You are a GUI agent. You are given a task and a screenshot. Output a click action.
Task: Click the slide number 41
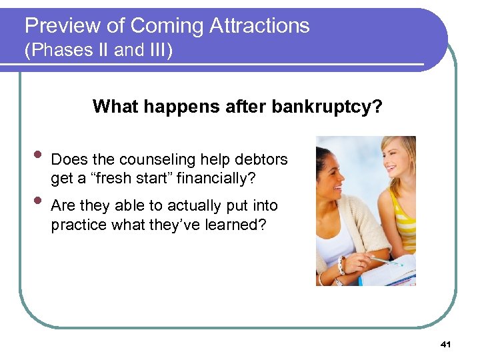[x=446, y=344]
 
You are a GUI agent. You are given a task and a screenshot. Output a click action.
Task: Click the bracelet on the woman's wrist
[x=341, y=265]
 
